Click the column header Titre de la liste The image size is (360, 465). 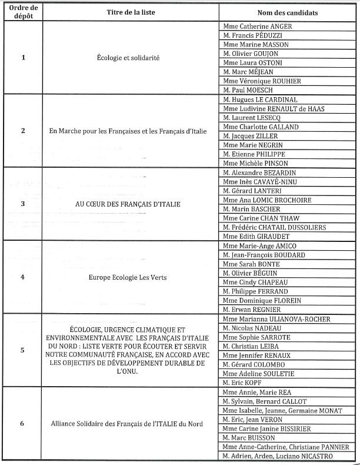pyautogui.click(x=128, y=12)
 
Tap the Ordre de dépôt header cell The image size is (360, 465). pyautogui.click(x=22, y=12)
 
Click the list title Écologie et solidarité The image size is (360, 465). pyautogui.click(x=128, y=58)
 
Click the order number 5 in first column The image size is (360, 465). pyautogui.click(x=22, y=350)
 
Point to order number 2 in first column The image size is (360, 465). pyautogui.click(x=22, y=131)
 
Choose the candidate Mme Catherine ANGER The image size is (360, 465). pyautogui.click(x=258, y=26)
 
